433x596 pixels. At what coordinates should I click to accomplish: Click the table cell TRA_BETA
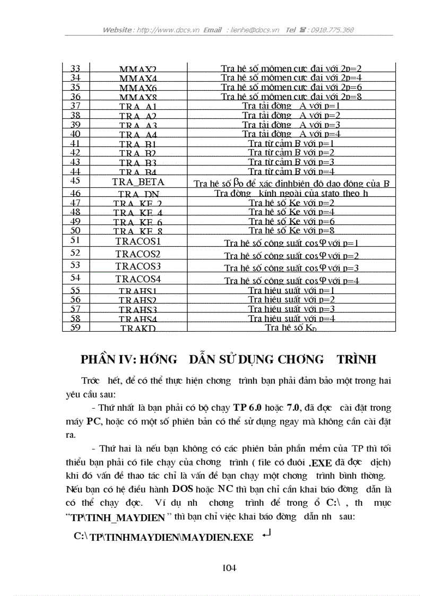(138, 182)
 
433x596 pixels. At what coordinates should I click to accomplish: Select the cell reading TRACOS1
(138, 241)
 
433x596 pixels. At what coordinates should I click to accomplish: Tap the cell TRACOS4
(138, 279)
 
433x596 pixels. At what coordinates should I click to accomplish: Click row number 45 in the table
(75, 182)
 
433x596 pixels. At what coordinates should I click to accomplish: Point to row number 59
(75, 327)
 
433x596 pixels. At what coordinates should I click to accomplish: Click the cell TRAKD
(138, 328)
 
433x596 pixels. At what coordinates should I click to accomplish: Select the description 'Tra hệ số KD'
(291, 327)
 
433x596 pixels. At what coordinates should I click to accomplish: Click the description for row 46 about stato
(291, 193)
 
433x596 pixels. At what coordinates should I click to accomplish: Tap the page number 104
(229, 568)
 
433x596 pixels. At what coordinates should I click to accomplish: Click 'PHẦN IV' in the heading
(109, 359)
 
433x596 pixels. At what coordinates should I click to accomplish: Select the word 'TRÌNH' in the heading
(357, 359)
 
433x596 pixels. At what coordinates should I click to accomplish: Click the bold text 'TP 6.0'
(247, 408)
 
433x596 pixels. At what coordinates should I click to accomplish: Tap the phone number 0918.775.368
(332, 30)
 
